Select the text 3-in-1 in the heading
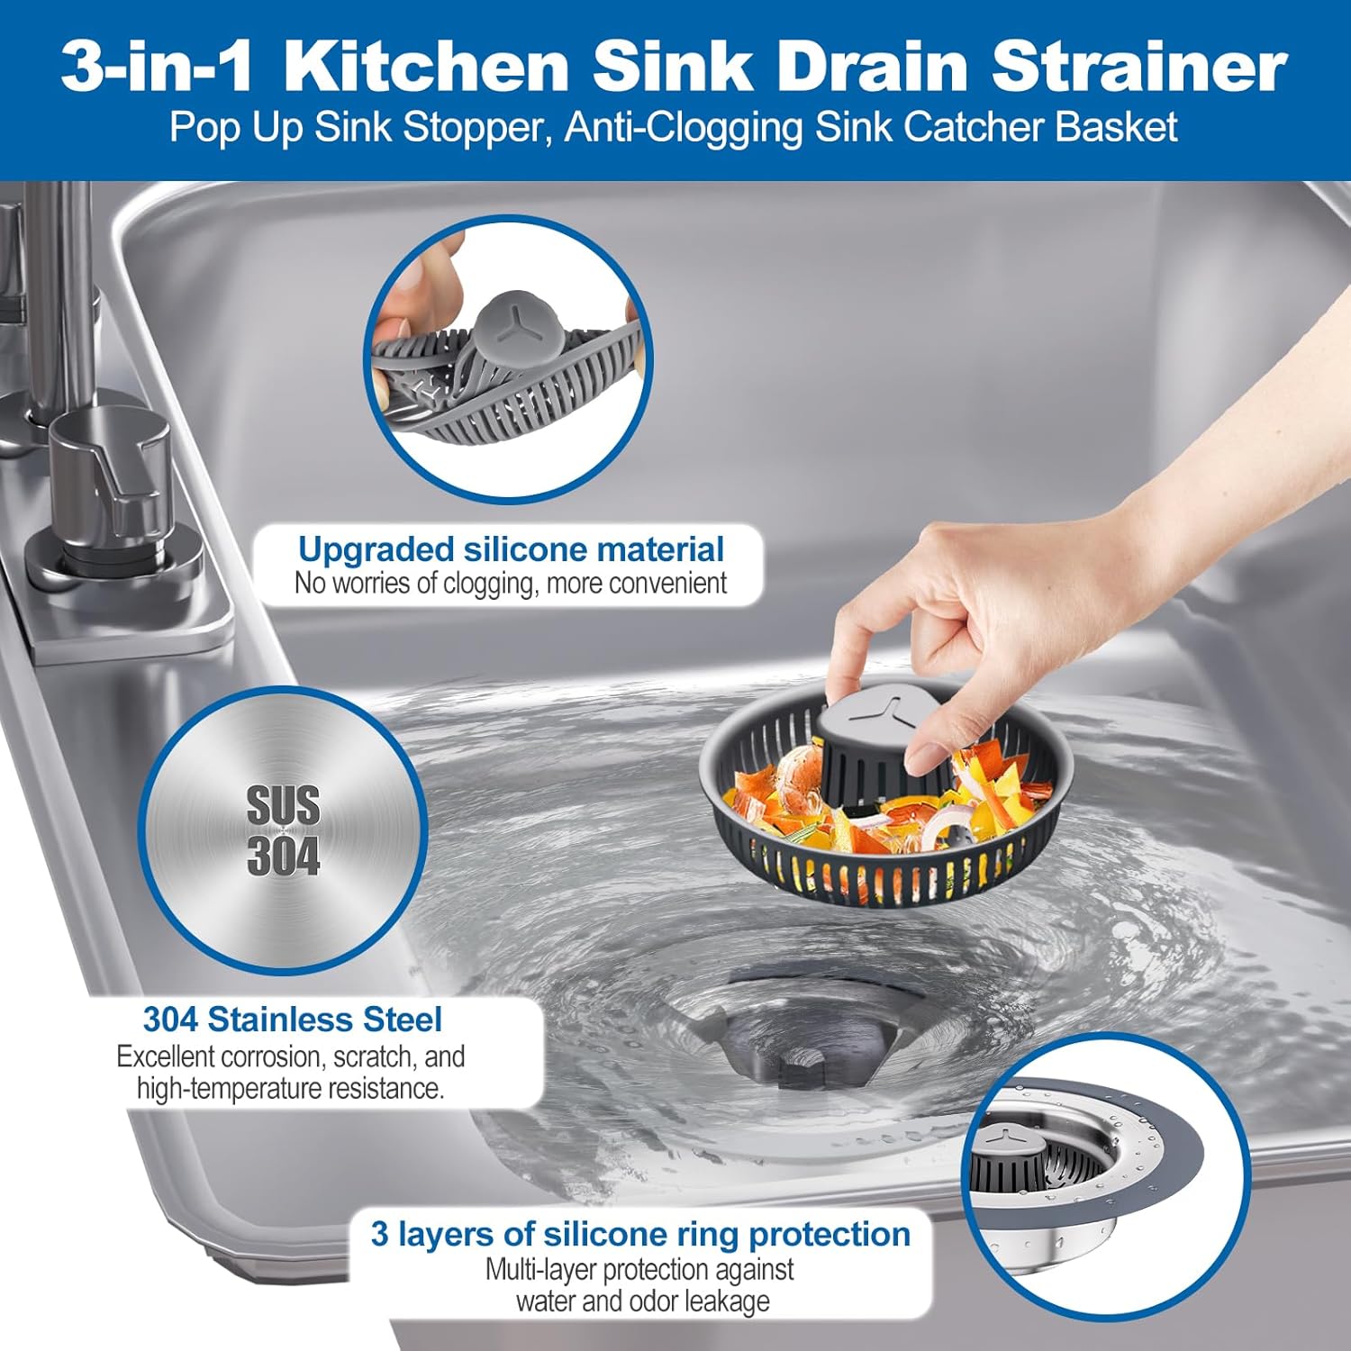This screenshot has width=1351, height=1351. pos(157,67)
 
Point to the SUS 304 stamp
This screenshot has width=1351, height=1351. pos(284,830)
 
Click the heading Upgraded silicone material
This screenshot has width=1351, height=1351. pos(511,549)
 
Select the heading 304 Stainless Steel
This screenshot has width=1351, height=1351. pos(293,1020)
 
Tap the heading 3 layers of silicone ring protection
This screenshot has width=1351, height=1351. pos(640,1234)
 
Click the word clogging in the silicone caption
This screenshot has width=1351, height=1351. pos(489,585)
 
